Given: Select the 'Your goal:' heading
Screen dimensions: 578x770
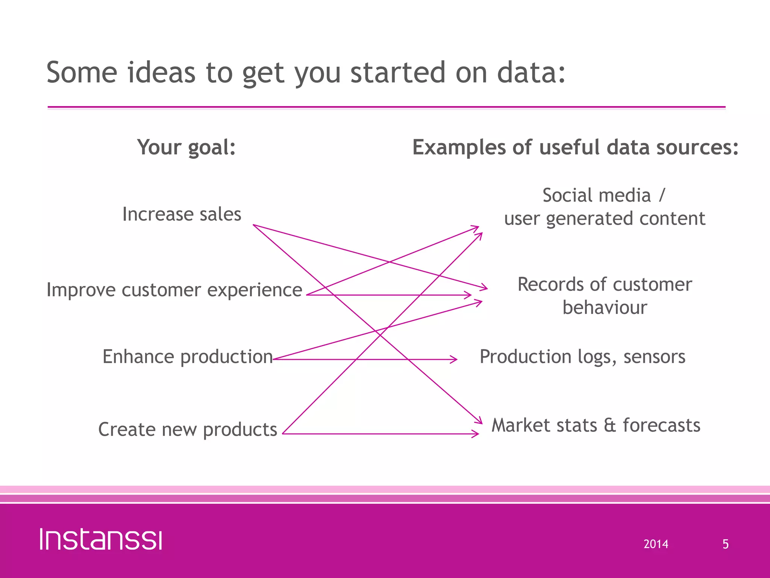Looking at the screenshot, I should point(186,147).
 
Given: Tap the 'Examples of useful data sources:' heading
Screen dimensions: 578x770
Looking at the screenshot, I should point(575,147).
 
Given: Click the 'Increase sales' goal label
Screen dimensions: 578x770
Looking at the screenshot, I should point(182,214).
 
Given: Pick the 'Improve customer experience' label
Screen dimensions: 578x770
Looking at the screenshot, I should point(174,290).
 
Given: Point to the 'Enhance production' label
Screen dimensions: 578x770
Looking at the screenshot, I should point(187,356).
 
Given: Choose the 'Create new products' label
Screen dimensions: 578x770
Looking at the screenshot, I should point(187,429).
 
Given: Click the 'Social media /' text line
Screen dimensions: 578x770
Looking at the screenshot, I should point(603,195).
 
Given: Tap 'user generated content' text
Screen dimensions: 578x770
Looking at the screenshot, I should point(605,218).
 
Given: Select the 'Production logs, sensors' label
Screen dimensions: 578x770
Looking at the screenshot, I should point(582,356).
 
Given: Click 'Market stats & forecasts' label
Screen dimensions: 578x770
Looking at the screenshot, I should point(596,425).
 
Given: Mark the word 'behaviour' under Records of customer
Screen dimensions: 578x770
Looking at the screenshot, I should point(605,307).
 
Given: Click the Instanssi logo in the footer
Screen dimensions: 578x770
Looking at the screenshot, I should point(101,539).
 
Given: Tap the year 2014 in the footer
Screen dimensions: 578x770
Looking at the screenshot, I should point(656,544).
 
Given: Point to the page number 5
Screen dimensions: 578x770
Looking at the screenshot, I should point(725,544).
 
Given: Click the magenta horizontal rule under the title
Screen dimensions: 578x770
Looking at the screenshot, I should point(386,107).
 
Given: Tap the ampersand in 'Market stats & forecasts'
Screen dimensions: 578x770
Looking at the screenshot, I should point(610,426).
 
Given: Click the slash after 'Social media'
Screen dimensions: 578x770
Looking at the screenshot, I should point(662,195).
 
